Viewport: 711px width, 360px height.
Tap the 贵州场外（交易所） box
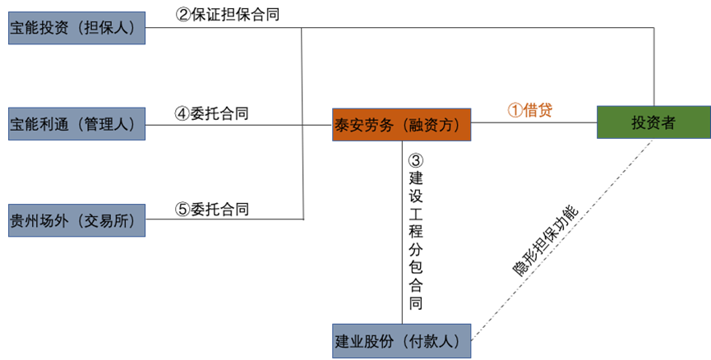click(76, 219)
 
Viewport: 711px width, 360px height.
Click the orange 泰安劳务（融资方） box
click(401, 124)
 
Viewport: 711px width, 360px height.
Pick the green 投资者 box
click(653, 122)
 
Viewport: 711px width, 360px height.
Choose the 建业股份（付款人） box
click(401, 340)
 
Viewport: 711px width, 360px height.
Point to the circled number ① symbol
click(513, 110)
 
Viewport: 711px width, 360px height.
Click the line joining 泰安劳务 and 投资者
click(534, 123)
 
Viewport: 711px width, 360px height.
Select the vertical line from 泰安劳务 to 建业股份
click(402, 230)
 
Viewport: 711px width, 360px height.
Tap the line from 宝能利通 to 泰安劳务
click(238, 125)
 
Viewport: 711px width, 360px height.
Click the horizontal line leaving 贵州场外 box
click(222, 219)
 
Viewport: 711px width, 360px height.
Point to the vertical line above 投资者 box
click(653, 66)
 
